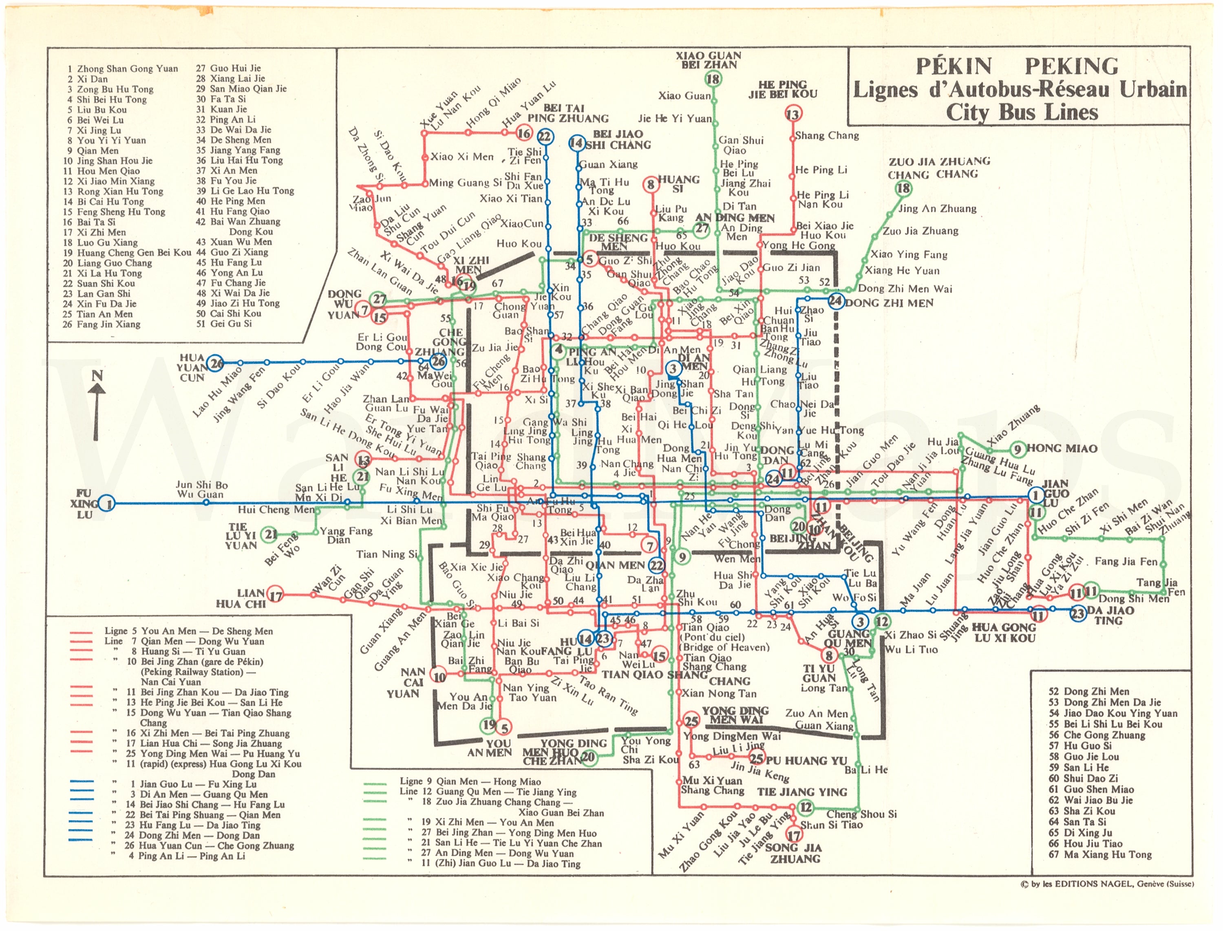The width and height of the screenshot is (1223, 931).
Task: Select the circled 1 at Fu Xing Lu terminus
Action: tap(108, 504)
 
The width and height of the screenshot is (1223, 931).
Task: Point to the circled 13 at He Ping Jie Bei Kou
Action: tap(793, 115)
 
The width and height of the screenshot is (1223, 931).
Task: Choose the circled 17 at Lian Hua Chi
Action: tap(276, 596)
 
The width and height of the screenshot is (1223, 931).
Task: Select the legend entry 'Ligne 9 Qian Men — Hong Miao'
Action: tap(470, 781)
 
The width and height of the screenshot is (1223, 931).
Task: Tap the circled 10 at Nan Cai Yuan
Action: tap(439, 677)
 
